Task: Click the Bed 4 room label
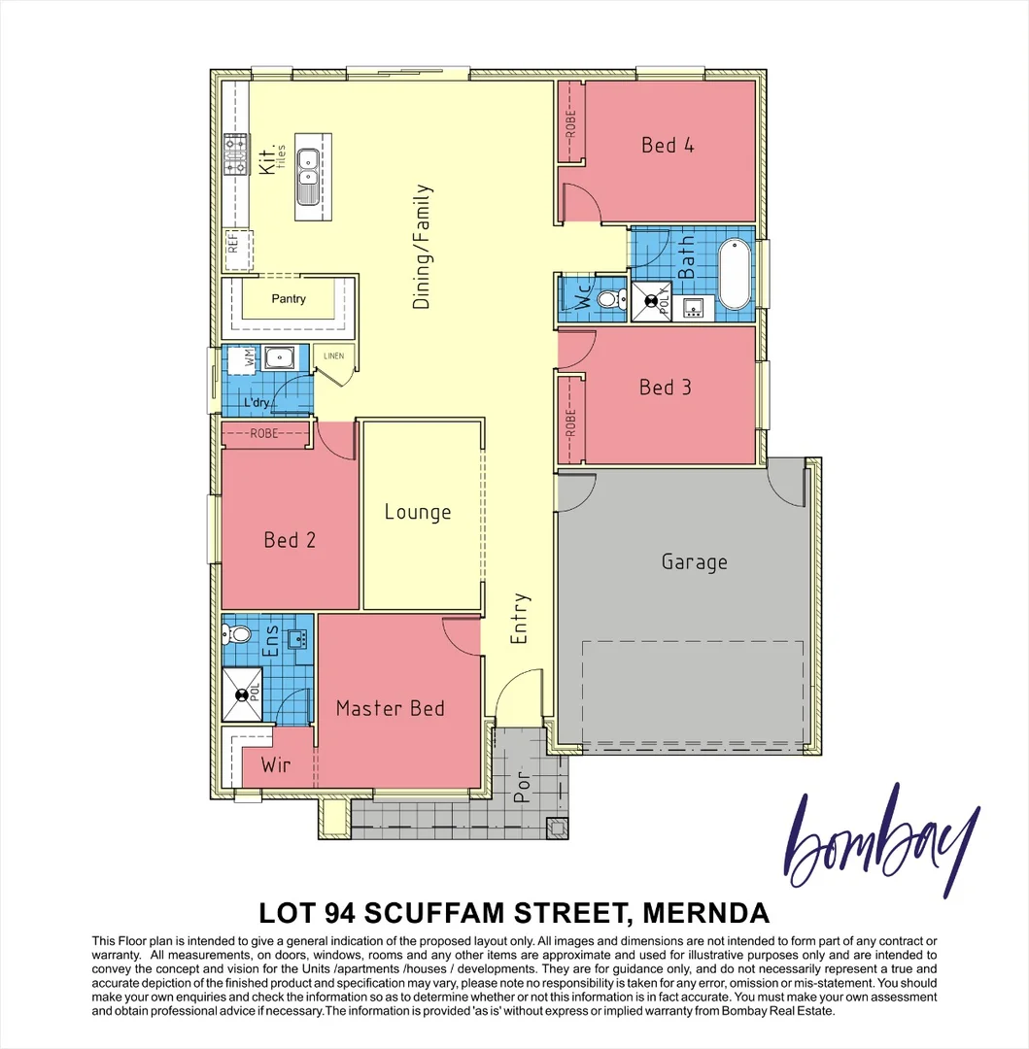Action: (x=668, y=146)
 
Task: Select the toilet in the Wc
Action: (x=609, y=299)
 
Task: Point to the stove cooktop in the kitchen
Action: (x=235, y=154)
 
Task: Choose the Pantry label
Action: (x=289, y=299)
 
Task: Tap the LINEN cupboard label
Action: (x=333, y=356)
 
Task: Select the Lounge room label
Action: (x=418, y=513)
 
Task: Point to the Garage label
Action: (x=694, y=561)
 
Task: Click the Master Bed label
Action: (x=390, y=708)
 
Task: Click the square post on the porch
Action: (x=560, y=828)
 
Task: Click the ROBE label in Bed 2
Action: (x=264, y=433)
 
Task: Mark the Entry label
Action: (x=520, y=619)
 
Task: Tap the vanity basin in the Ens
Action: (x=297, y=637)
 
